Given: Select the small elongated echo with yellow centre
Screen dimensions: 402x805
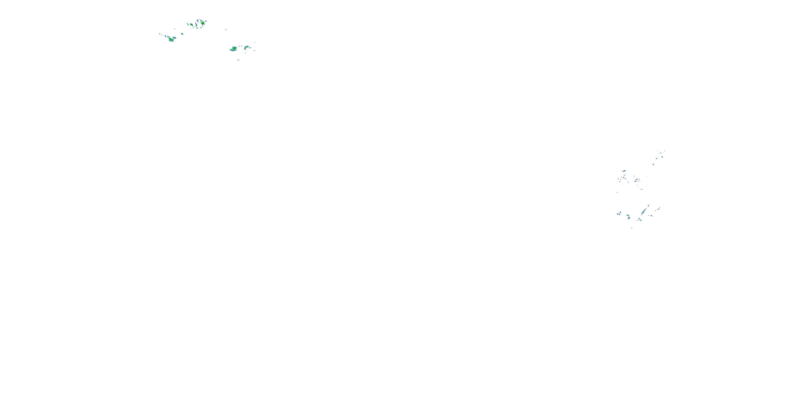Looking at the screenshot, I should click(x=191, y=24).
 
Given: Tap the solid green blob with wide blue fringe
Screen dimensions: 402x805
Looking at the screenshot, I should click(x=234, y=49).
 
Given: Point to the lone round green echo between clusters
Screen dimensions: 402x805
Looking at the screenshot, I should click(x=182, y=34).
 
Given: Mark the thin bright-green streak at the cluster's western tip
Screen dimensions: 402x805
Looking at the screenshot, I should click(x=160, y=34).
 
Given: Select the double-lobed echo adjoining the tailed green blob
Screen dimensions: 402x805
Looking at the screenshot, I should click(x=175, y=38).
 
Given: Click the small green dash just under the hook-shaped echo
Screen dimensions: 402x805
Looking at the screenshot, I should click(x=245, y=53).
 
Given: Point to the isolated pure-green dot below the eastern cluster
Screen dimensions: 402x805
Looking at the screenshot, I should click(x=632, y=228).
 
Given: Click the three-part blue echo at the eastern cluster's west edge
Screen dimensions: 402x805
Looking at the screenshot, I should click(x=619, y=214).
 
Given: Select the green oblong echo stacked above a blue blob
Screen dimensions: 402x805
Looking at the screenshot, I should click(x=628, y=215).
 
